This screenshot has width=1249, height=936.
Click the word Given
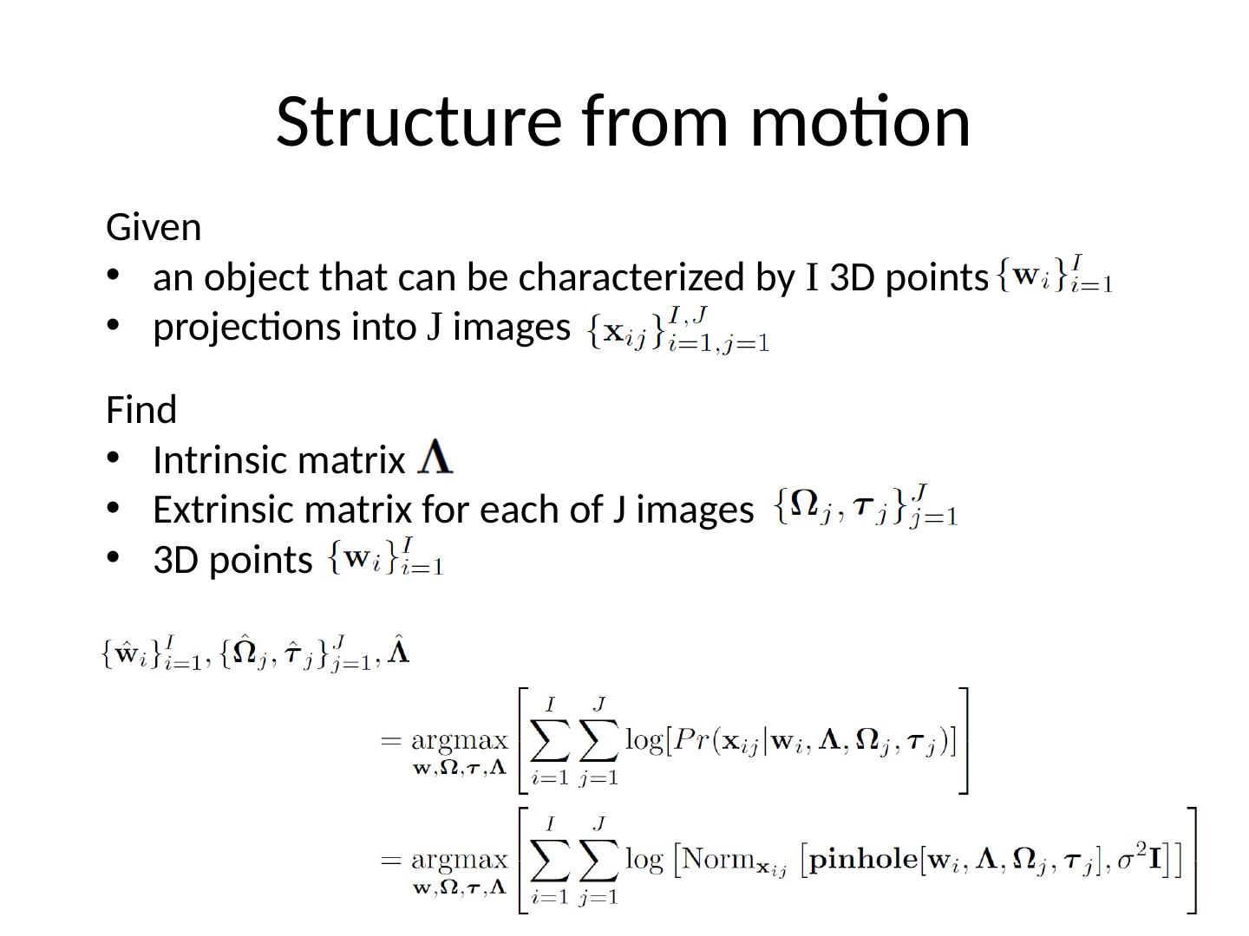coord(154,228)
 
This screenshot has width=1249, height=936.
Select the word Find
coord(141,410)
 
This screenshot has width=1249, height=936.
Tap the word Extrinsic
coord(224,510)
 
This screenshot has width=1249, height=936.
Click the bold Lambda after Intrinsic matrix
coord(435,458)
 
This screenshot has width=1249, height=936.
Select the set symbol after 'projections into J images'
coord(678,330)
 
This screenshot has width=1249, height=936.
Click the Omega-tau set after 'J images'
coord(866,506)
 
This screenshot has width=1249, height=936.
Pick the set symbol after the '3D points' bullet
coord(386,557)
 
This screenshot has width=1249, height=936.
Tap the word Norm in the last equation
coord(717,860)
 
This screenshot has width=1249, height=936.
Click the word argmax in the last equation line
coord(459,860)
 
